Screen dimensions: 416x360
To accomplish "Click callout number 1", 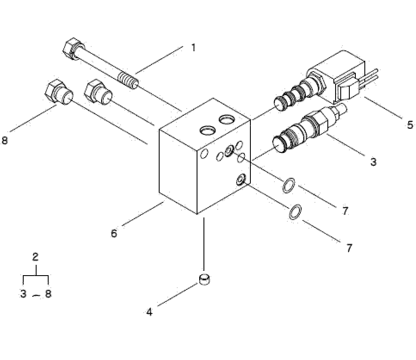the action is (x=194, y=48).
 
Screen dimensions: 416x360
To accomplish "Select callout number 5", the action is (x=410, y=125).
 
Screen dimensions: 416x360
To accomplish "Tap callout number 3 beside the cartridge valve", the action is (x=373, y=161).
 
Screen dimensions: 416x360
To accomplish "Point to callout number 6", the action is (x=114, y=233).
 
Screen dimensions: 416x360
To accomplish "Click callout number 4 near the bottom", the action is (x=150, y=312).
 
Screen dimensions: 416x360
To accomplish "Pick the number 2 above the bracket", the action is (x=35, y=257).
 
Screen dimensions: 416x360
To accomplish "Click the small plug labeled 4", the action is (x=204, y=280).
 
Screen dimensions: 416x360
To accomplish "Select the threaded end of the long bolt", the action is (x=128, y=81).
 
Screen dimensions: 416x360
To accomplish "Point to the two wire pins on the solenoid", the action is (x=369, y=78).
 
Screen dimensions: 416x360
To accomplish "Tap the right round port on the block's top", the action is (x=226, y=119).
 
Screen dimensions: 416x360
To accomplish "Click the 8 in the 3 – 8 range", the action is (x=48, y=294).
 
